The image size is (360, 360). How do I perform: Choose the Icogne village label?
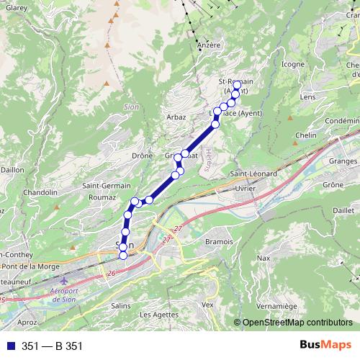click(293, 64)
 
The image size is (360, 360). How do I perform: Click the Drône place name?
click(141, 155)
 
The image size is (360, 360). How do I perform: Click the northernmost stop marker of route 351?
click(238, 84)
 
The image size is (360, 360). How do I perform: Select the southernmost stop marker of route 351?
click(122, 255)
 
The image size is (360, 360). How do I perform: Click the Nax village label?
click(264, 257)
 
